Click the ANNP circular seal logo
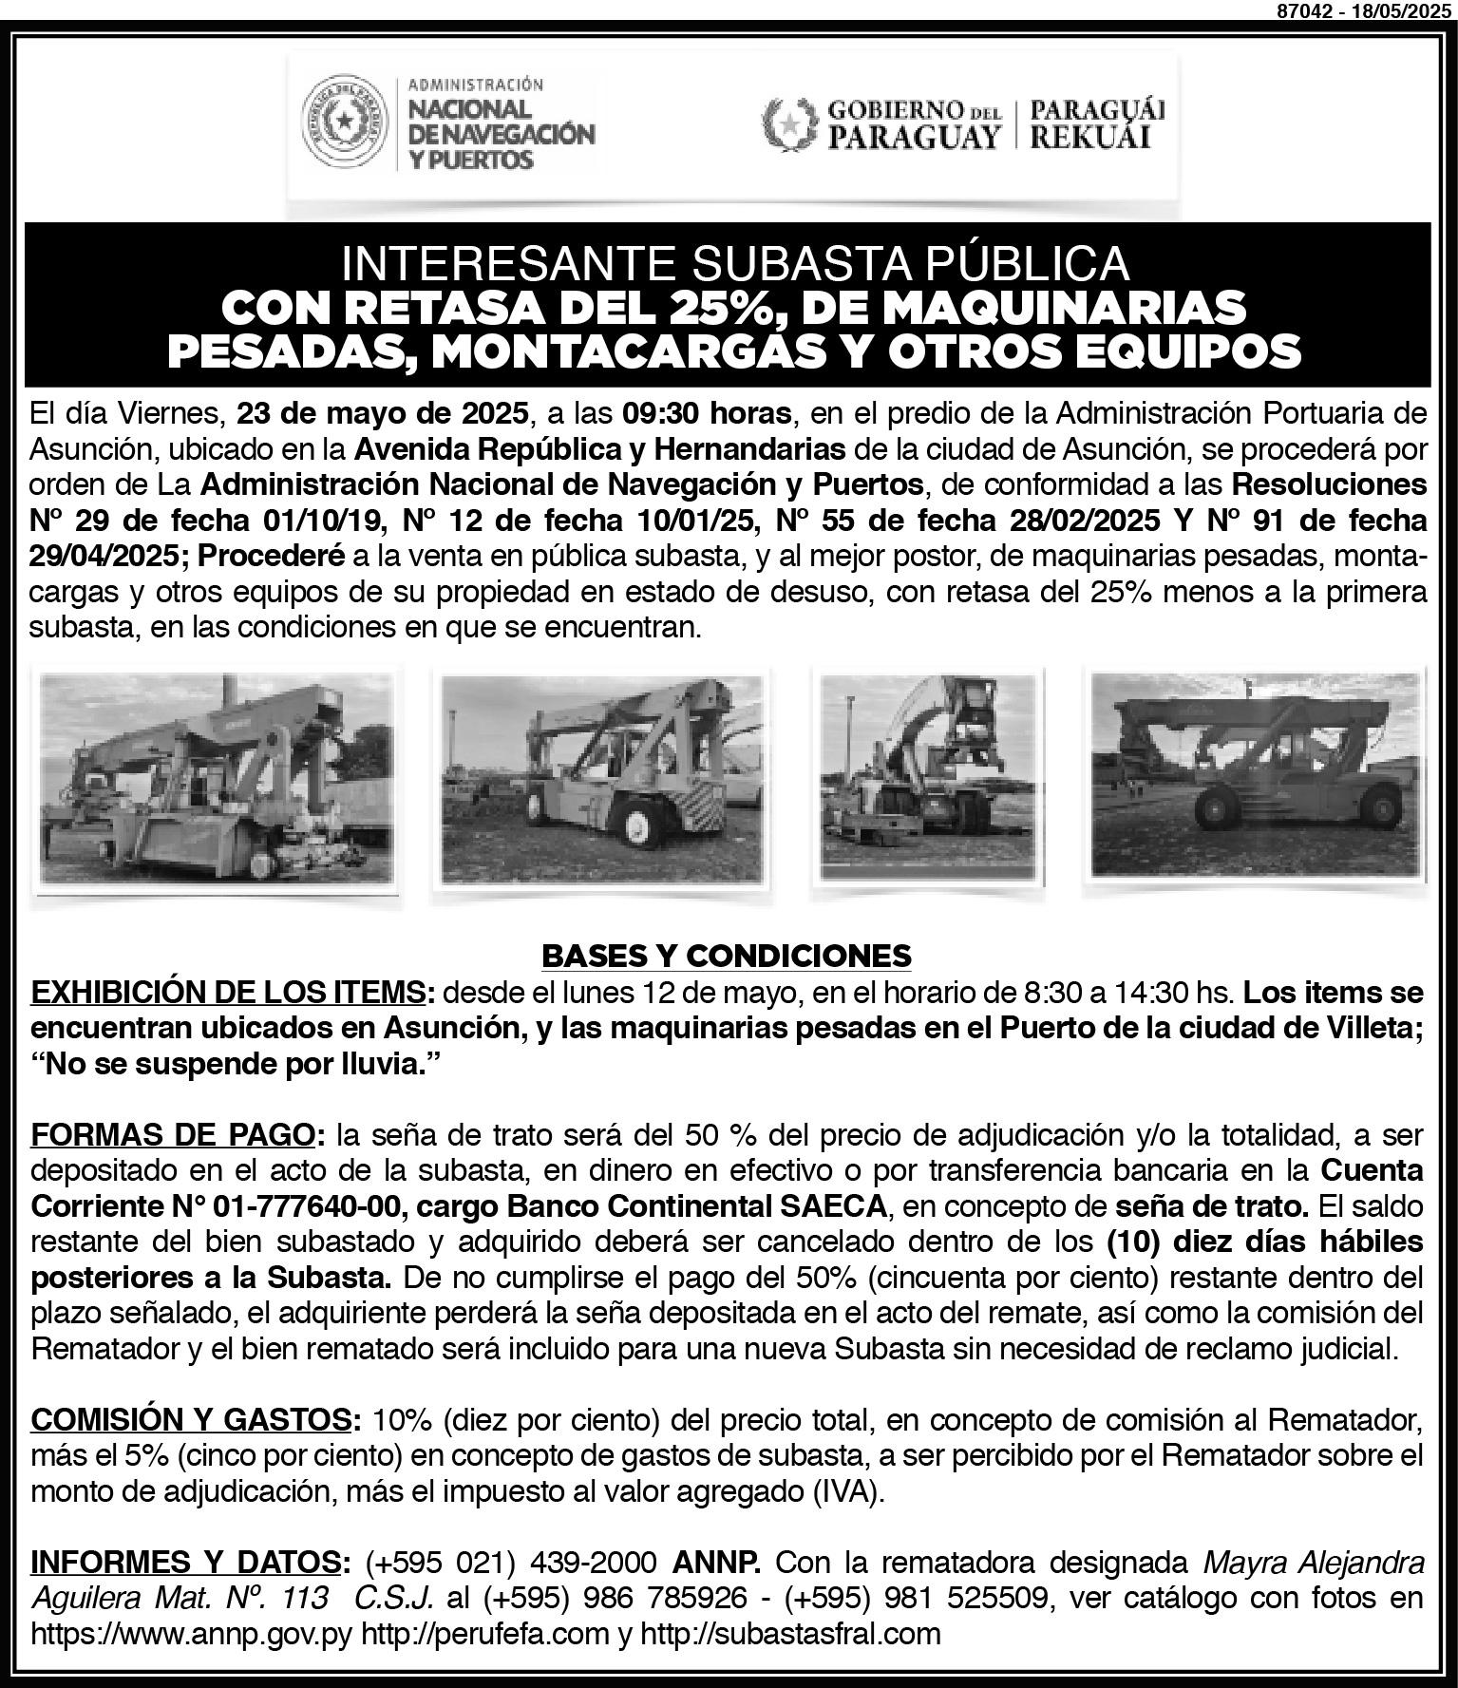coord(344,121)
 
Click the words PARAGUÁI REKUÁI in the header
coord(1097,123)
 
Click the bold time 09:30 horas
coord(707,413)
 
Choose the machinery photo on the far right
coord(1256,779)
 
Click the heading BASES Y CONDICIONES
coord(727,955)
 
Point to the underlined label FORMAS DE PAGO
coord(173,1134)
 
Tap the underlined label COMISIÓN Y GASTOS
coord(191,1419)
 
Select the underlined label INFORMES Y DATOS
coord(185,1562)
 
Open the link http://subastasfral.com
coord(790,1634)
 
